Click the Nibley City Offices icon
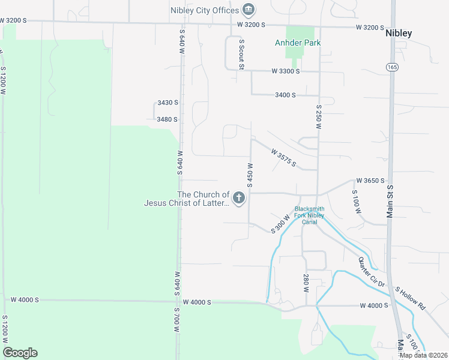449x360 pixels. (248, 10)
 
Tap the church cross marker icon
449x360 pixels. (239, 198)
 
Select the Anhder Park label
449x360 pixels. (298, 43)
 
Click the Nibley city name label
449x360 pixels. (399, 33)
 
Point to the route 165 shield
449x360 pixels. (392, 66)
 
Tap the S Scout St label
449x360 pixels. (241, 55)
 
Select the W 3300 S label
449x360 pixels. (285, 71)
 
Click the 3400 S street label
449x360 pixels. (285, 95)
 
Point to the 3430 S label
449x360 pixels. (167, 103)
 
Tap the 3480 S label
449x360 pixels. (167, 119)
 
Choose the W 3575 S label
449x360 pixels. (283, 158)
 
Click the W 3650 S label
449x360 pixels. (370, 180)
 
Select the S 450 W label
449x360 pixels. (249, 174)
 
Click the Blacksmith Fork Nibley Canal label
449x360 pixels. (309, 215)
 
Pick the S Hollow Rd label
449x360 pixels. (411, 298)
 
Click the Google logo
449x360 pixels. (20, 353)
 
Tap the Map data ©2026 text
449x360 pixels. (423, 355)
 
